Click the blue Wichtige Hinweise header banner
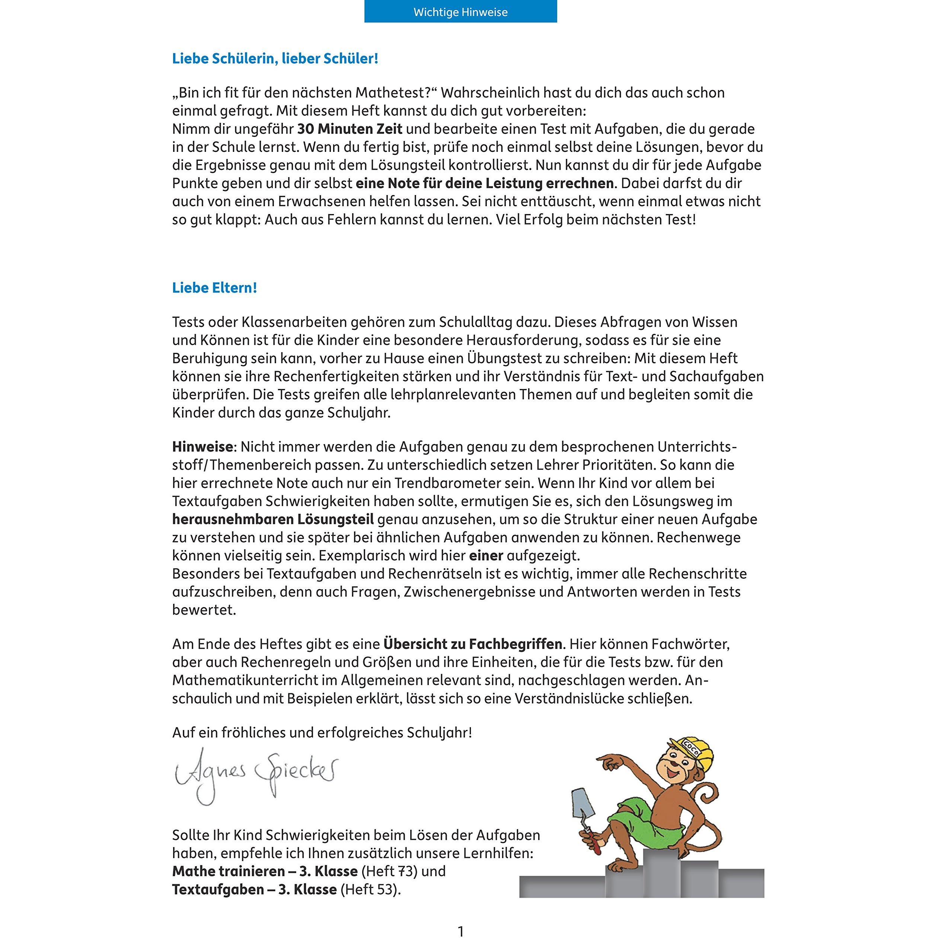(460, 12)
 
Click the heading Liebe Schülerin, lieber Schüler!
(275, 59)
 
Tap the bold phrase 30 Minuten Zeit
(350, 129)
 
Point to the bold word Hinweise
(202, 447)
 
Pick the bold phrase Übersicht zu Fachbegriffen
(472, 644)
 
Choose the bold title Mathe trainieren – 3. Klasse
(265, 871)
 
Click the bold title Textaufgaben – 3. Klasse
(254, 890)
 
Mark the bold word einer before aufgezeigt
(486, 555)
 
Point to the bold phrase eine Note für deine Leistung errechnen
(485, 184)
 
